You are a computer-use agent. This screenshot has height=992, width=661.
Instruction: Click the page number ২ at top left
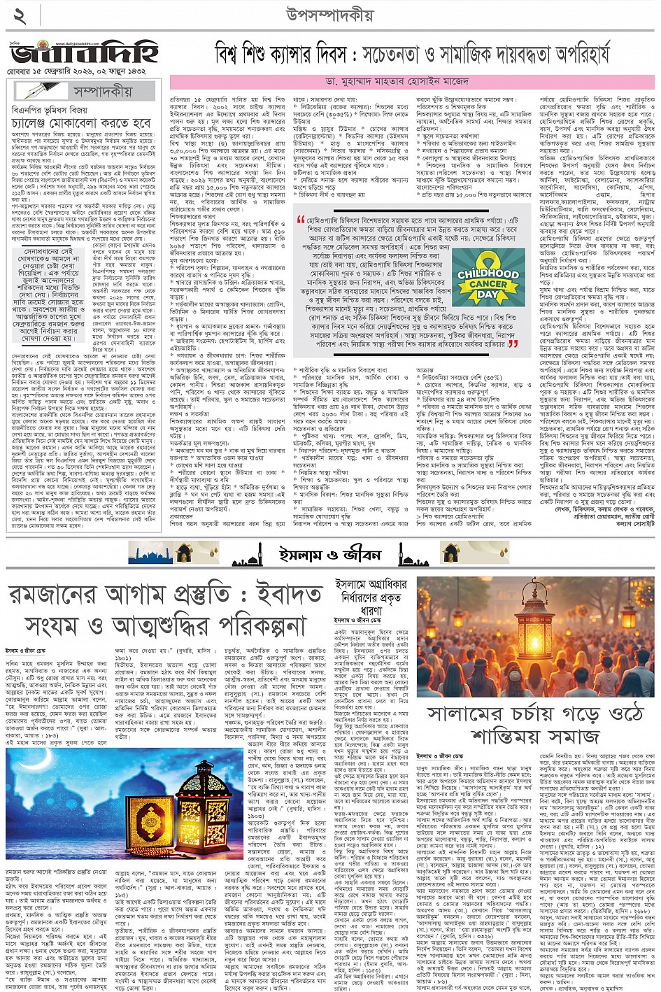click(x=19, y=16)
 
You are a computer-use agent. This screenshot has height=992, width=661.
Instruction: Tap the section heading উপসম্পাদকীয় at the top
click(x=330, y=15)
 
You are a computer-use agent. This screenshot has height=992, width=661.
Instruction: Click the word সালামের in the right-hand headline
click(x=466, y=714)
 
